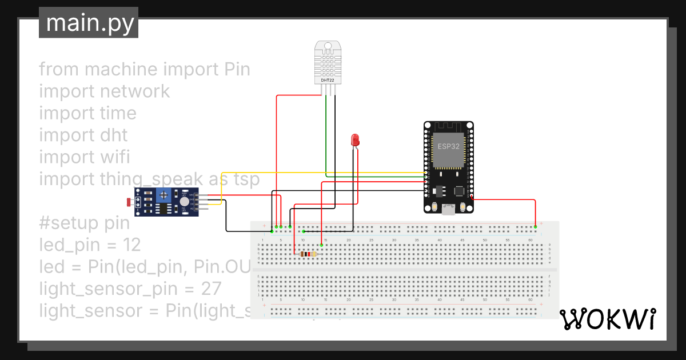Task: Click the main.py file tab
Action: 89,23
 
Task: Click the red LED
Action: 355,139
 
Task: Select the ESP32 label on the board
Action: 448,146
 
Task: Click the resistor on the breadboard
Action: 309,254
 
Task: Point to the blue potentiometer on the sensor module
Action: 163,195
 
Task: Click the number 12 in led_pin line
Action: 131,245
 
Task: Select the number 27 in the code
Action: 211,289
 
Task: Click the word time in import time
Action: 116,113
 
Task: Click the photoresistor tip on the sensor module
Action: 127,202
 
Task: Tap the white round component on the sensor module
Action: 184,201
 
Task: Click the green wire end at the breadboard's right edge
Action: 536,227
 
